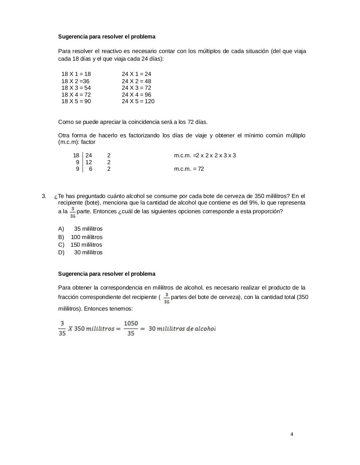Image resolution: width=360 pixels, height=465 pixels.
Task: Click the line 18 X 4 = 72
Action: pos(76,94)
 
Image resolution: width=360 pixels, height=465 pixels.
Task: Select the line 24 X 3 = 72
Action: pos(136,88)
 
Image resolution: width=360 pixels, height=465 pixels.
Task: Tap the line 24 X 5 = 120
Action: pos(138,101)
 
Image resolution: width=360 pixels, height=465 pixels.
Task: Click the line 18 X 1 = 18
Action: pos(76,74)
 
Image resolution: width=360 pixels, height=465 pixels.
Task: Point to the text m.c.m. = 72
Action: pos(189,169)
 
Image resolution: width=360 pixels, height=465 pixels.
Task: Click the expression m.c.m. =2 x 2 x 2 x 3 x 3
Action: pos(205,155)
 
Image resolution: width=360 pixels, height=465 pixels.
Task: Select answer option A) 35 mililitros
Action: pos(80,229)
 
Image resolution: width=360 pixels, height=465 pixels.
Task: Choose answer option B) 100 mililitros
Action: pos(80,237)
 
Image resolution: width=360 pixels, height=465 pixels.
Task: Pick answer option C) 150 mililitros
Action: pos(80,245)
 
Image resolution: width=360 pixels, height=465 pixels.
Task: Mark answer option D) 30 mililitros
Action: pos(80,252)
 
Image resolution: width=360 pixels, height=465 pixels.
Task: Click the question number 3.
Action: pos(44,196)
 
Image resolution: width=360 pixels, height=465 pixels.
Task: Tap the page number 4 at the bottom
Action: pos(292,434)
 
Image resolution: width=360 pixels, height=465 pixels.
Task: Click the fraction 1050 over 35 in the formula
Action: pos(131,328)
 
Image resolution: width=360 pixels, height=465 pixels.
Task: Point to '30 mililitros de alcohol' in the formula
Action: pos(182,328)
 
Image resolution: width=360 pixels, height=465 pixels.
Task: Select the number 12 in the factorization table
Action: pos(89,162)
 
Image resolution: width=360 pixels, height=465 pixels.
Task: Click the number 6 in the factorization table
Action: pos(91,169)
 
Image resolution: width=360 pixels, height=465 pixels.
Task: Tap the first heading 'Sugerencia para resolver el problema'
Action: pos(107,37)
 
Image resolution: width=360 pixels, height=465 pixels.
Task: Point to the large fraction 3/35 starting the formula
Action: pos(62,328)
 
